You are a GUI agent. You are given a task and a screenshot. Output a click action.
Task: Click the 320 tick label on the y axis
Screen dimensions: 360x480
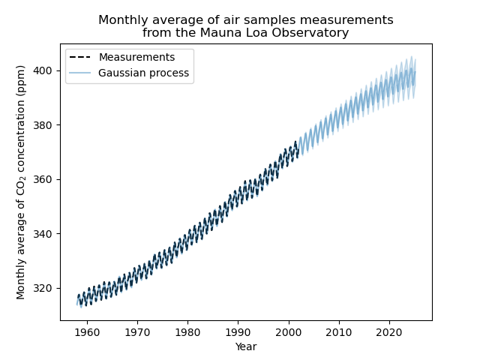(x=46, y=289)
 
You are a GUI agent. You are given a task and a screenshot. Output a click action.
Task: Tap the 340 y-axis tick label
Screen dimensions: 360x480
(x=46, y=234)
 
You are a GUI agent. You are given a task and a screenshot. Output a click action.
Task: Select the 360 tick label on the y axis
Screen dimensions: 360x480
(x=46, y=180)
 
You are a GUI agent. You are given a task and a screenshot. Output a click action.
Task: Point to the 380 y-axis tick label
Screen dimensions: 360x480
(x=46, y=125)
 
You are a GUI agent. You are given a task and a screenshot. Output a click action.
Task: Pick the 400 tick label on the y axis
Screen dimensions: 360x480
(x=46, y=70)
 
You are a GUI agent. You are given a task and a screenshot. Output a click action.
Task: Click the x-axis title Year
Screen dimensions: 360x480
(x=246, y=346)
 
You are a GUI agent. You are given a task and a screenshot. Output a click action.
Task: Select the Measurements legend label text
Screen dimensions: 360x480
(x=136, y=58)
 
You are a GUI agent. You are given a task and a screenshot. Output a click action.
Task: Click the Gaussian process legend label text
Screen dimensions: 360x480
(x=143, y=73)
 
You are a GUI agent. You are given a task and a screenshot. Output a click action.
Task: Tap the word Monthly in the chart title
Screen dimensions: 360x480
(x=121, y=19)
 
